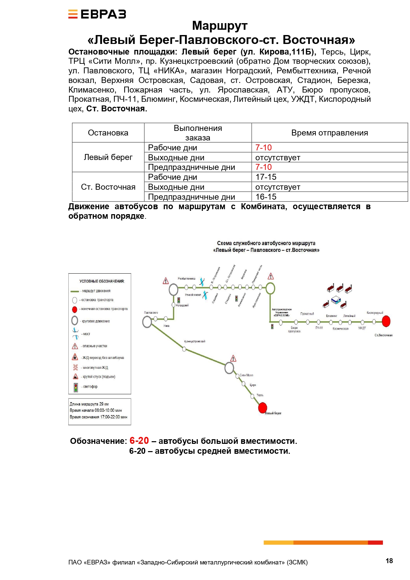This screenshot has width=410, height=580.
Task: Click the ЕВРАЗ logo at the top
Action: click(x=97, y=14)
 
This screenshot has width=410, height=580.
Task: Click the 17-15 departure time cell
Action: click(x=266, y=177)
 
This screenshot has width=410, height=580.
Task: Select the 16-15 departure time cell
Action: click(x=266, y=197)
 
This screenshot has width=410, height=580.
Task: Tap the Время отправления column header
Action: click(x=329, y=133)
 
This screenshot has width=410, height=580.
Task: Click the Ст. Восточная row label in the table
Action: click(x=108, y=187)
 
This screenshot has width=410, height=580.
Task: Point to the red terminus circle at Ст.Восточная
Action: click(x=386, y=321)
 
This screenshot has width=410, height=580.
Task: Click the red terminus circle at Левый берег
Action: click(x=263, y=407)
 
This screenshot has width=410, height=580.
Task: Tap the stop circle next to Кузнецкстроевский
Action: click(x=184, y=349)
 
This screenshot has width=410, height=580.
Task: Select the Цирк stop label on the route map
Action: click(x=253, y=385)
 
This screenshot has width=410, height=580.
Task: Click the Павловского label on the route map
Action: click(x=151, y=313)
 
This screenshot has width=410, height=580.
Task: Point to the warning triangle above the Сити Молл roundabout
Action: click(x=233, y=359)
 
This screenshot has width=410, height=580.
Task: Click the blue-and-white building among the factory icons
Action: click(x=336, y=299)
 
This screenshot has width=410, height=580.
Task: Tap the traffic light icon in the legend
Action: click(x=76, y=387)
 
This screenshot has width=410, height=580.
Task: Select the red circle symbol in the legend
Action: click(x=75, y=309)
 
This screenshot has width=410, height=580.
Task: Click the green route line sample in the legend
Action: click(x=75, y=291)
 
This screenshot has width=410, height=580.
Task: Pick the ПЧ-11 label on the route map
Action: click(x=319, y=328)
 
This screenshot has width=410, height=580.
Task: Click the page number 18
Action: click(x=389, y=561)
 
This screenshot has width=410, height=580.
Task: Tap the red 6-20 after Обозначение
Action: click(x=139, y=441)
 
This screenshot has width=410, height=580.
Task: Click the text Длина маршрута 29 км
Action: click(x=89, y=404)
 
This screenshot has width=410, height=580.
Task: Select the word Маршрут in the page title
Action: click(x=220, y=26)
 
